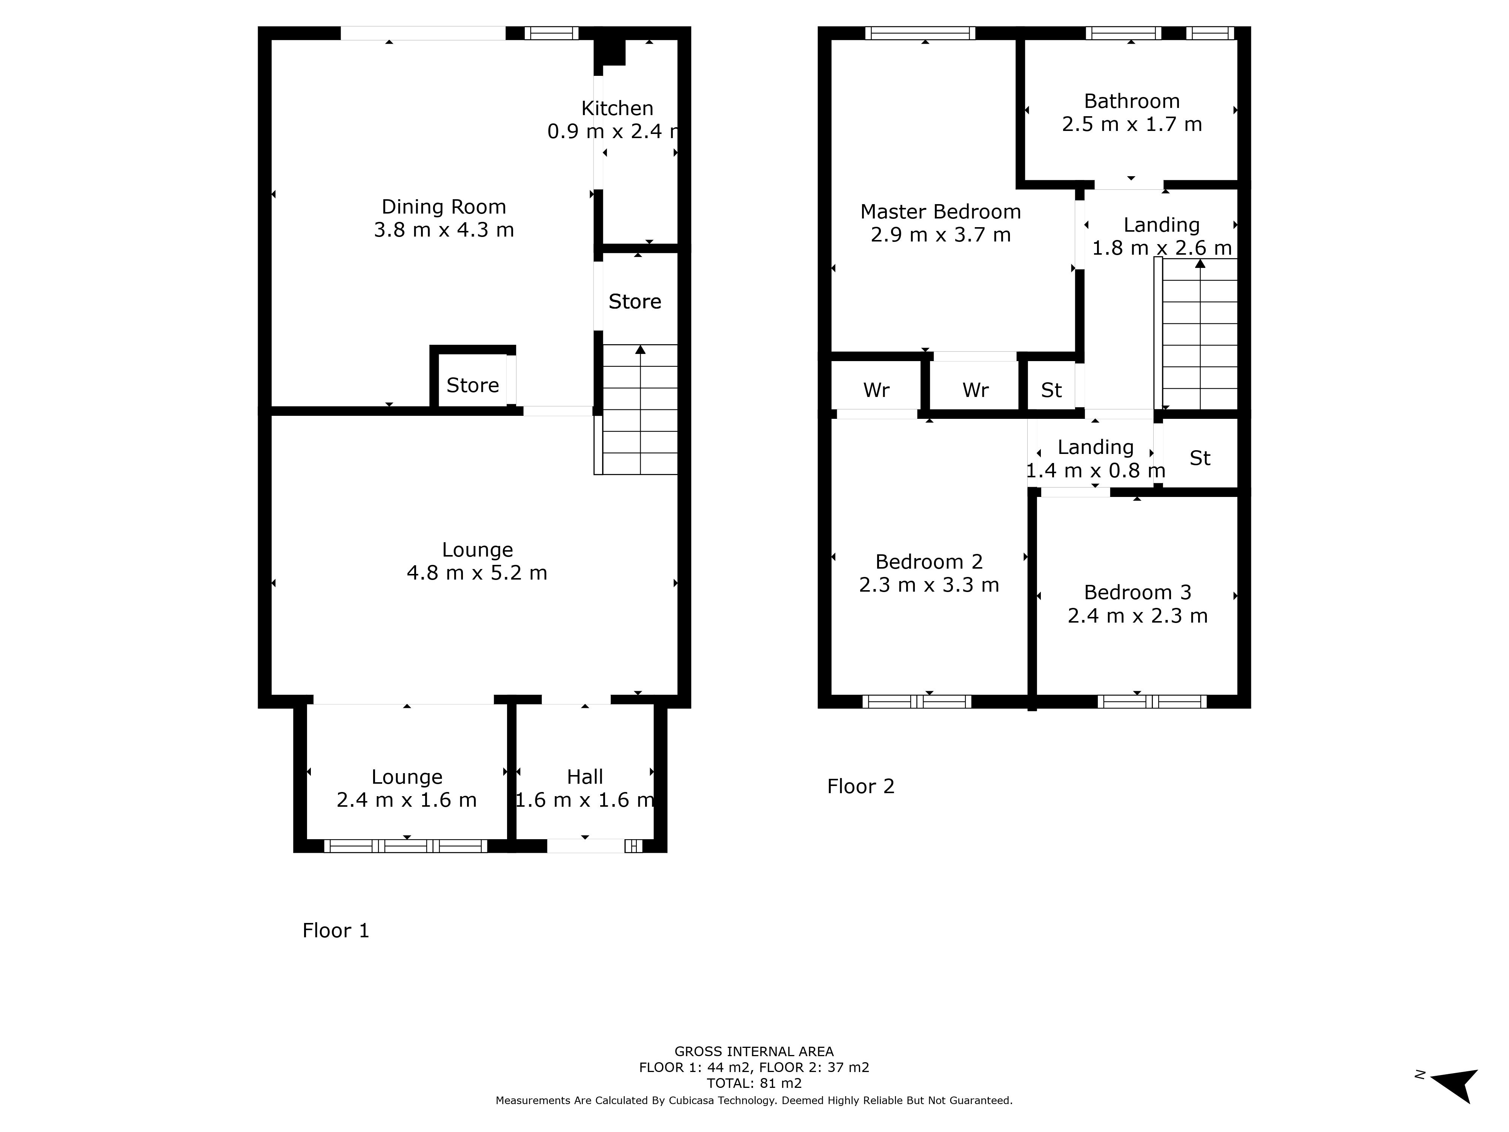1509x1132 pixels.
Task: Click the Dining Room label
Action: (443, 207)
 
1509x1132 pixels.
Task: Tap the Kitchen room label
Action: (618, 109)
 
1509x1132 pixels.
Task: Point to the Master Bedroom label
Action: (941, 212)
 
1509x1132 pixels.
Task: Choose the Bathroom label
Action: (1132, 101)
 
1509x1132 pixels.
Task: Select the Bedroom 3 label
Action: (1138, 592)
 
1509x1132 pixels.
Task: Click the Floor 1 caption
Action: (336, 931)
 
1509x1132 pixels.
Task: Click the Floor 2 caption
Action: (860, 787)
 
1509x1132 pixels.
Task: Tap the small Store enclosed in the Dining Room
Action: (473, 386)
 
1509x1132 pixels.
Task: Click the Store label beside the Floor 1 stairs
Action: (635, 301)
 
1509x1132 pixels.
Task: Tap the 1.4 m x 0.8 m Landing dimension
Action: (1096, 471)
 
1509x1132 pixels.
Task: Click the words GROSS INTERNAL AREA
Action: (754, 1052)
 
